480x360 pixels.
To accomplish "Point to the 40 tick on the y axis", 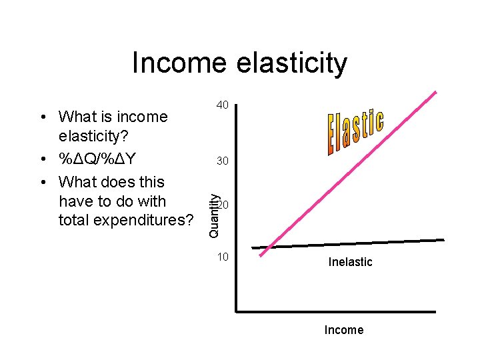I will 223,105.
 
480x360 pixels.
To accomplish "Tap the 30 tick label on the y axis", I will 223,161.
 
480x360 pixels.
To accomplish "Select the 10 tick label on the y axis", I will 223,257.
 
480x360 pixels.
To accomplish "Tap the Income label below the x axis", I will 343,330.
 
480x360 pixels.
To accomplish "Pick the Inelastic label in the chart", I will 350,262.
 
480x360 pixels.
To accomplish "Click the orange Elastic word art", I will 355,133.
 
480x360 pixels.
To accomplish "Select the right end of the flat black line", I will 443,240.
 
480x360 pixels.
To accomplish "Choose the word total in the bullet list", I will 73,220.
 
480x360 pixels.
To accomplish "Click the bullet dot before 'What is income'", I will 42,118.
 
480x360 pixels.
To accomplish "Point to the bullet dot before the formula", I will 42,161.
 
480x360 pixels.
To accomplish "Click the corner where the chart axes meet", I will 237,311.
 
